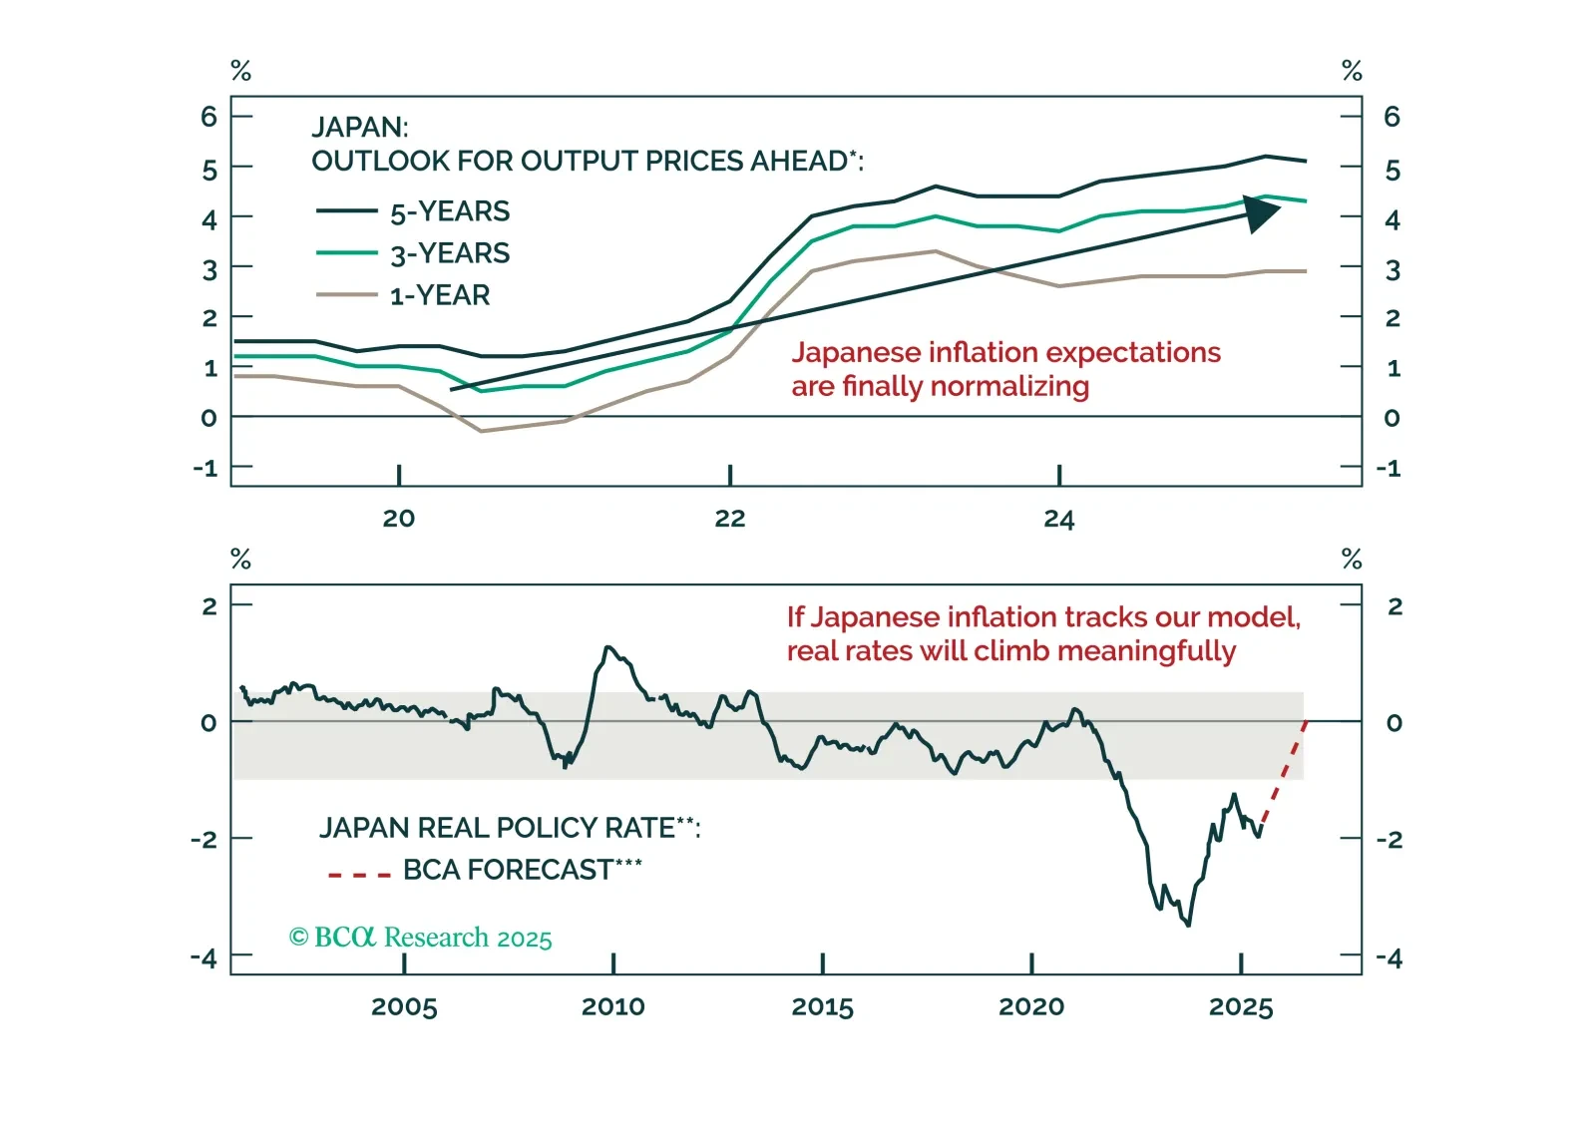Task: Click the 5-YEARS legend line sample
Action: [346, 211]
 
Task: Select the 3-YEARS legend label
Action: [450, 254]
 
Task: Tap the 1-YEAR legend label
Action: [440, 296]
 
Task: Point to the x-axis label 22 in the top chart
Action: [729, 519]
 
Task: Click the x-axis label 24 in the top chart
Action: [1058, 519]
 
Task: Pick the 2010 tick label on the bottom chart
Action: [612, 1007]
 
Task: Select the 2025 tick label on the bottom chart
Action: [1240, 1007]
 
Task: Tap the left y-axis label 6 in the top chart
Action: [208, 117]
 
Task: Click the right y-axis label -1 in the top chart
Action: [1389, 468]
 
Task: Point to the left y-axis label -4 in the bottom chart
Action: [203, 958]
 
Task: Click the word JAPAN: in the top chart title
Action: [360, 128]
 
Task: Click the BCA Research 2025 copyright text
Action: [420, 938]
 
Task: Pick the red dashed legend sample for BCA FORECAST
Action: [359, 875]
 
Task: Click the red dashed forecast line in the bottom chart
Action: [1284, 773]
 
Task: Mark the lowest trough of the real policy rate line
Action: [1187, 924]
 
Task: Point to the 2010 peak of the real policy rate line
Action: [608, 648]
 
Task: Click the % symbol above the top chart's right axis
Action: [1352, 71]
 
